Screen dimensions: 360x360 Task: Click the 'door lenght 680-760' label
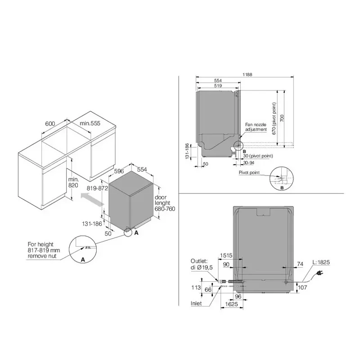[x=164, y=203]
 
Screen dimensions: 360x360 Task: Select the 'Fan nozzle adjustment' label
[x=256, y=127]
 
